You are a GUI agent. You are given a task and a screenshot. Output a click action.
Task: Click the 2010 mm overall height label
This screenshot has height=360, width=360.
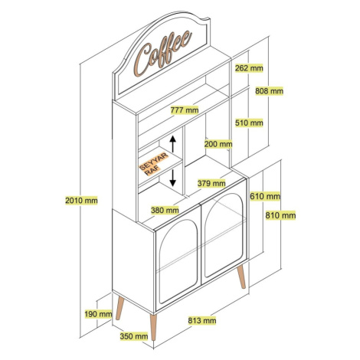point(81,201)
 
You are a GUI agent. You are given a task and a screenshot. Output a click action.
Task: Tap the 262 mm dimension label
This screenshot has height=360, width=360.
point(249,68)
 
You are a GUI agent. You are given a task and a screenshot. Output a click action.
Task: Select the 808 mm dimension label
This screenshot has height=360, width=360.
point(270,91)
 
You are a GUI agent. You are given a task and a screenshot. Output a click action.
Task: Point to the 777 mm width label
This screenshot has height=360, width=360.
point(185,110)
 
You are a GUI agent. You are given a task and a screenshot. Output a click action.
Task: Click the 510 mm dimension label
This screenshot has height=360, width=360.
point(249,123)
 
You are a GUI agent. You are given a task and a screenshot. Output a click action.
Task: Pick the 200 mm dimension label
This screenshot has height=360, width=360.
point(218,144)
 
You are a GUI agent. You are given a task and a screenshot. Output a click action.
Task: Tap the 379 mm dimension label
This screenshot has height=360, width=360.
point(211,183)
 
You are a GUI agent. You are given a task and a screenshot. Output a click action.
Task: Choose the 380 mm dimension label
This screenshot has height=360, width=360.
point(165,211)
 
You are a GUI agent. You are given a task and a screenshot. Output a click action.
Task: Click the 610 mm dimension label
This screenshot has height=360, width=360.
point(265,196)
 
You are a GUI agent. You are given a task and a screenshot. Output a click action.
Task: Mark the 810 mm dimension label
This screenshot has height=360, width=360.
point(280,215)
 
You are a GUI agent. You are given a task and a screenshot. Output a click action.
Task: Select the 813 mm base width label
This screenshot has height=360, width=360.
point(202,320)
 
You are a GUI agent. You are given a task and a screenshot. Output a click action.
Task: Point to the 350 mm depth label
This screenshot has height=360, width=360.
point(134,336)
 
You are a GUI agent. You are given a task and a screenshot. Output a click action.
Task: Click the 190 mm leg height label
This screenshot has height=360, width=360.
point(98,314)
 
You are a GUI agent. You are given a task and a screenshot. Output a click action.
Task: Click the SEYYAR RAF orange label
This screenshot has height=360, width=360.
point(153,164)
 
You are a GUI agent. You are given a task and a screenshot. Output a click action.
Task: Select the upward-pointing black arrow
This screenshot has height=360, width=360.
point(173,144)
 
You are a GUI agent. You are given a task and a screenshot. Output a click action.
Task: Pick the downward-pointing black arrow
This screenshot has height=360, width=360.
point(173,178)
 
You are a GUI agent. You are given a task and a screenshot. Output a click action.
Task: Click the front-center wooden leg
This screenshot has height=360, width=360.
point(153,327)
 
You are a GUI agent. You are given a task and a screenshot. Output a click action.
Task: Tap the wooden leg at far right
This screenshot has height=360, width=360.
point(241,277)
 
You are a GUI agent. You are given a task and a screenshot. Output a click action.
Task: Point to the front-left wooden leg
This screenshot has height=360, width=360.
point(119,308)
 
